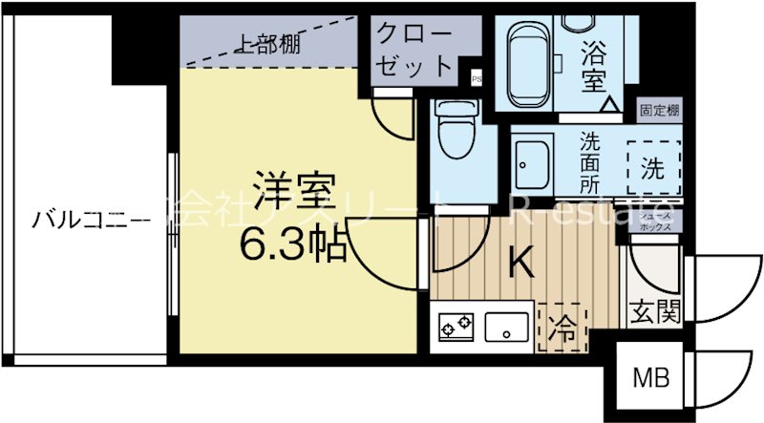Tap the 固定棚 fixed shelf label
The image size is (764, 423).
660,112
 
